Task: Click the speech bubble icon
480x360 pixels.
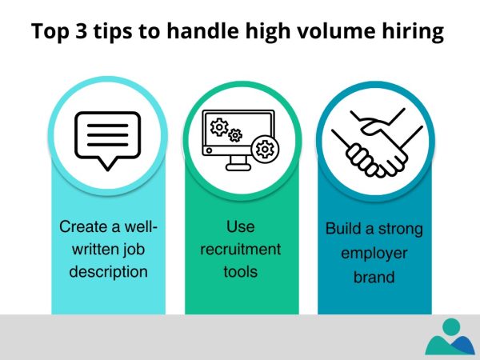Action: point(107,140)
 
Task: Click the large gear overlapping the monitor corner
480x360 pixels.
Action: point(265,150)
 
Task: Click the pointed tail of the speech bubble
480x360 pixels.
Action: point(106,164)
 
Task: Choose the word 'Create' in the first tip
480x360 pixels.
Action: point(82,226)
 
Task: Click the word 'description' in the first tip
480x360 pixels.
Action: point(108,271)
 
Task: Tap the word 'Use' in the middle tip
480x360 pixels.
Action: point(241,226)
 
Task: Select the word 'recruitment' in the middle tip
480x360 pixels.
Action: point(241,249)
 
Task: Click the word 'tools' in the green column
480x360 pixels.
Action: point(241,271)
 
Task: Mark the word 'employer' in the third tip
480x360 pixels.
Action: point(374,252)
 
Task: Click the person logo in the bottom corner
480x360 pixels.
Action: point(450,337)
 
